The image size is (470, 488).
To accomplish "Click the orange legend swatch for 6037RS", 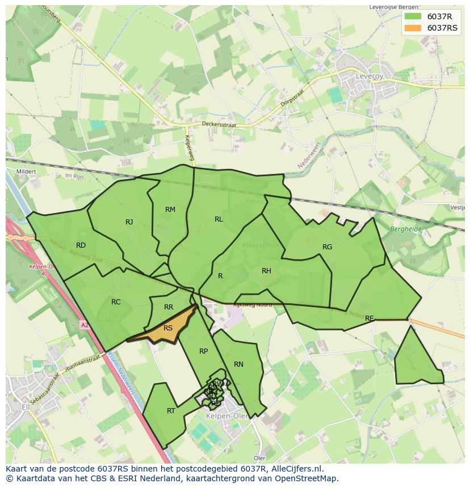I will (413, 28).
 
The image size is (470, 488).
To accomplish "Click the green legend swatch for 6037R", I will (413, 16).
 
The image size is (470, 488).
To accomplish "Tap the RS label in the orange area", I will (168, 328).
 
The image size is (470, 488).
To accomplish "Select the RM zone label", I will (170, 210).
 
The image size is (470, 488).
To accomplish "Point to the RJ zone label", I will (129, 222).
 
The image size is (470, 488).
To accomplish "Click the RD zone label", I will (81, 245).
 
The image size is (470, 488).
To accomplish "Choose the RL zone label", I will (219, 219).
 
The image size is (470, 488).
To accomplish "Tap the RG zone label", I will (327, 247).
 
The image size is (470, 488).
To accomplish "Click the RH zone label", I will (266, 271).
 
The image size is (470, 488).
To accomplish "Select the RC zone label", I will (116, 302).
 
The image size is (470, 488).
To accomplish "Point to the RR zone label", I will (169, 307).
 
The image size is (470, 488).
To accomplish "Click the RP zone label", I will (203, 351).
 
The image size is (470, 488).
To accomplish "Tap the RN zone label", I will (238, 364).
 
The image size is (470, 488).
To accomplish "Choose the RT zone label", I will (171, 411).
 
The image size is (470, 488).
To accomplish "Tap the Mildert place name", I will (27, 171).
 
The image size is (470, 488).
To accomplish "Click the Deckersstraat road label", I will (219, 124).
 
